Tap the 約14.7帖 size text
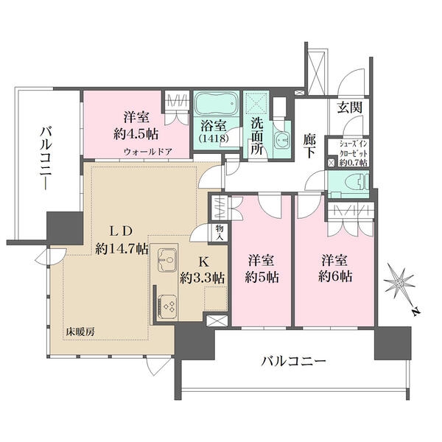(x=122, y=249)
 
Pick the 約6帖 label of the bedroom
(x=336, y=278)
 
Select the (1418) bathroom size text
(x=214, y=137)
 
